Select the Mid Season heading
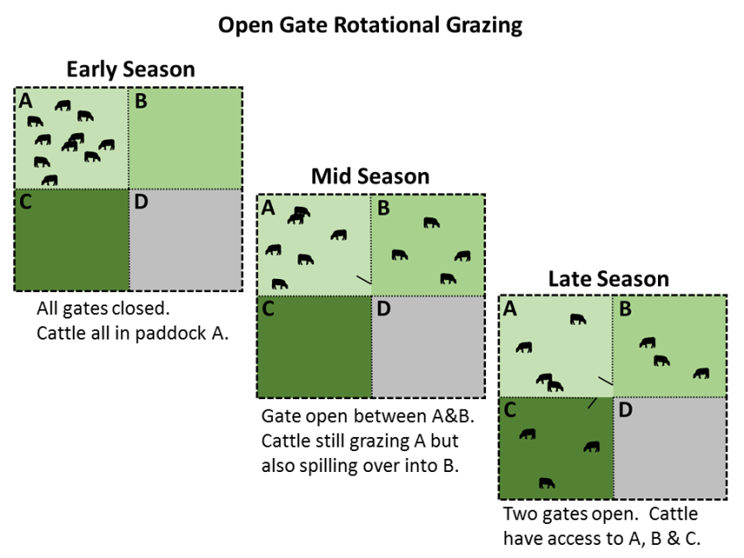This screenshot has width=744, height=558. [x=370, y=176]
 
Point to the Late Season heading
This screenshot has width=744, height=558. [x=609, y=279]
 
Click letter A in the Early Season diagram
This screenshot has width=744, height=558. [x=25, y=100]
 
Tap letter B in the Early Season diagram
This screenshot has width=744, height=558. [x=140, y=100]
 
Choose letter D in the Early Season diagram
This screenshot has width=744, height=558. [x=141, y=203]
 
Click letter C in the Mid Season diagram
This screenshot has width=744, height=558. [x=268, y=309]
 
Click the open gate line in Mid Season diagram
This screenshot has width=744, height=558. [x=363, y=280]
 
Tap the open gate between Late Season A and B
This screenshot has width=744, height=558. [x=605, y=381]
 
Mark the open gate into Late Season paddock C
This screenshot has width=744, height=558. [x=592, y=403]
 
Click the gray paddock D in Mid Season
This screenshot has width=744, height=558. [x=428, y=347]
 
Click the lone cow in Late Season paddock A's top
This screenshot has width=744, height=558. [x=577, y=318]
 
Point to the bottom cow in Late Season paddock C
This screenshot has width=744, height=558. [x=547, y=482]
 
